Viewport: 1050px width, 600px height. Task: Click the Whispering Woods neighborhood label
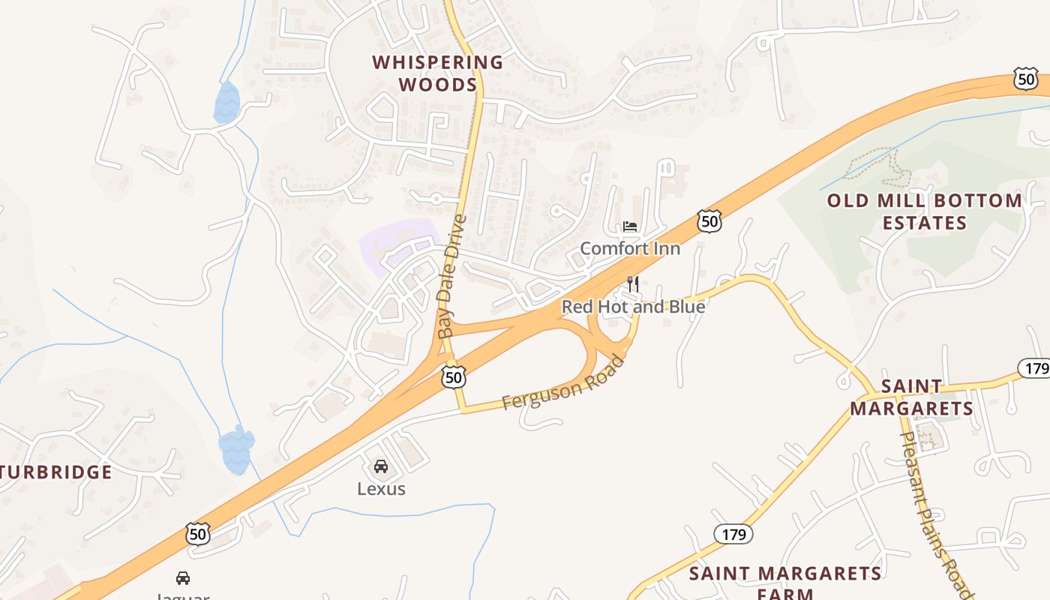[438, 73]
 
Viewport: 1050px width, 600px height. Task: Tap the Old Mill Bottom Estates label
[924, 211]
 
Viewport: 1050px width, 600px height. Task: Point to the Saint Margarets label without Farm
[911, 397]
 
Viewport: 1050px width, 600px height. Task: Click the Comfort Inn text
[630, 248]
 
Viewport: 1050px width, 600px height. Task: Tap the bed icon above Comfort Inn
[630, 226]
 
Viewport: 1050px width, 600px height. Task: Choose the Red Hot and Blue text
[633, 307]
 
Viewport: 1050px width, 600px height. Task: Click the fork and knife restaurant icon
[633, 284]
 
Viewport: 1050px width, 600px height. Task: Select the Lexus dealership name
[381, 489]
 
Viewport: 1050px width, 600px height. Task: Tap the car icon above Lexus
[381, 466]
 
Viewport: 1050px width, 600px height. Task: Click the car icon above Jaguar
[182, 577]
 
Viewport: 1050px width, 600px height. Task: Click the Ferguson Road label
[562, 383]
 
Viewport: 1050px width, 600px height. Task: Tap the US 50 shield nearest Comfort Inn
[709, 220]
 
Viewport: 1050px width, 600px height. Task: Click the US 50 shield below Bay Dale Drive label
[453, 376]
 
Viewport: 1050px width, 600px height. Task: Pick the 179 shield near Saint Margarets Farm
[733, 534]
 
